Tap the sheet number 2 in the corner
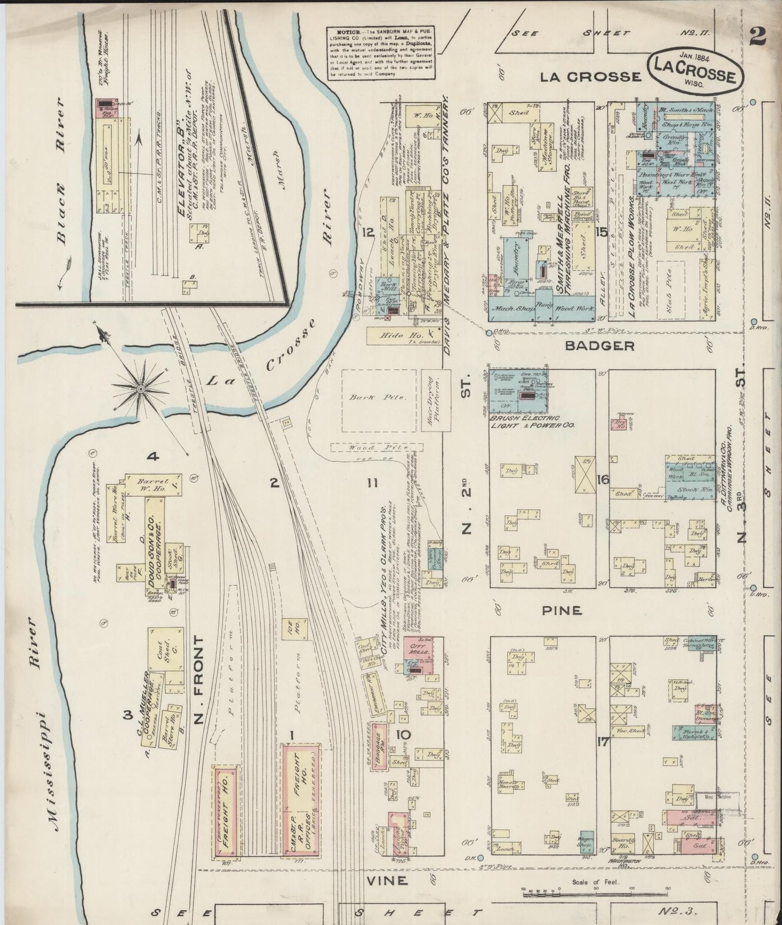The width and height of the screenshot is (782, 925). tap(758, 37)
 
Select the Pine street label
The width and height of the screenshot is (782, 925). tap(562, 611)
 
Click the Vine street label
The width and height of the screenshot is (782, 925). tap(387, 880)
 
